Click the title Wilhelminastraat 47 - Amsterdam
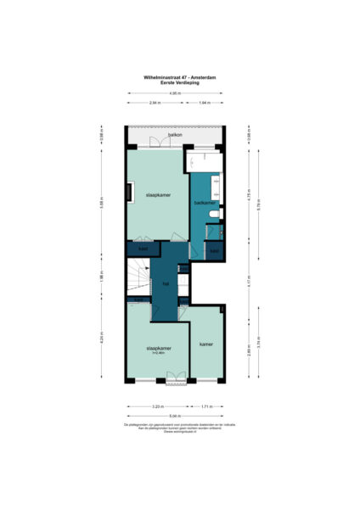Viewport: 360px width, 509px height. coord(179,77)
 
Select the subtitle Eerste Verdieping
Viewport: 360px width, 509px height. coord(179,82)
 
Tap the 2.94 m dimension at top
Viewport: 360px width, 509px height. coord(155,103)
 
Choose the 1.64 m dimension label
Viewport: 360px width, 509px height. coord(205,103)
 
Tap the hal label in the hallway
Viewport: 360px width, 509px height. coord(166,283)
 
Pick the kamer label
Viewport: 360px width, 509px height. coord(205,344)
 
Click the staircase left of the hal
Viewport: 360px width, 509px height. coord(137,281)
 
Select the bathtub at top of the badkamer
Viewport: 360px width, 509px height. coord(204,159)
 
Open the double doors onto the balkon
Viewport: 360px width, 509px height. coord(155,143)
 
